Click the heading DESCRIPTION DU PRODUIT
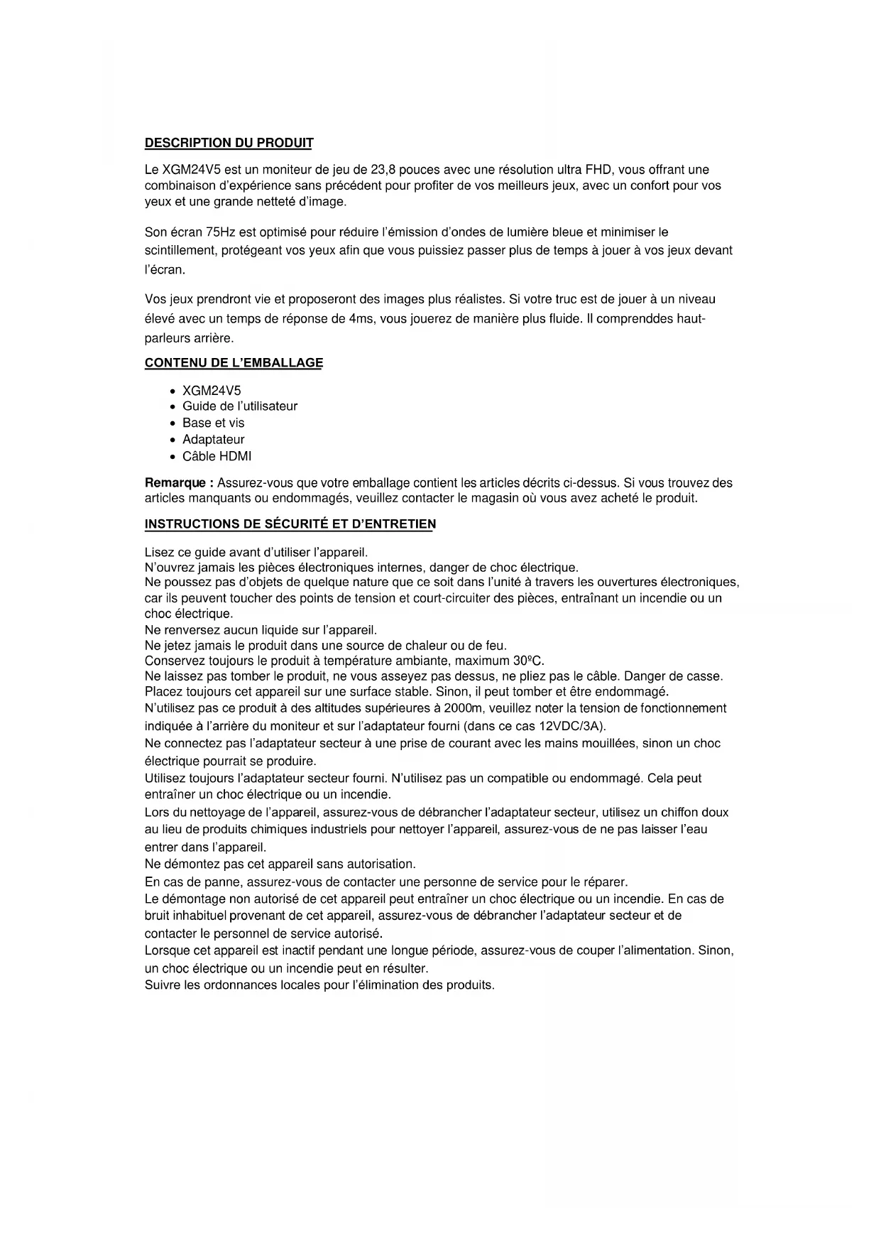229,143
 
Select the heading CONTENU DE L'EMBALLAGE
234,362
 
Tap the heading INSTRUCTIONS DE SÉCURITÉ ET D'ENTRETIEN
290,524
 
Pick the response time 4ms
361,319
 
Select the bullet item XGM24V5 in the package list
212,391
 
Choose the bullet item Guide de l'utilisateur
240,406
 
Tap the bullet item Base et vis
213,423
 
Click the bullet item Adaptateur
213,440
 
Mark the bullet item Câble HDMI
217,456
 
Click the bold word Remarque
179,483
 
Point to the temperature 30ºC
528,661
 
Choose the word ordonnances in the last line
237,985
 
